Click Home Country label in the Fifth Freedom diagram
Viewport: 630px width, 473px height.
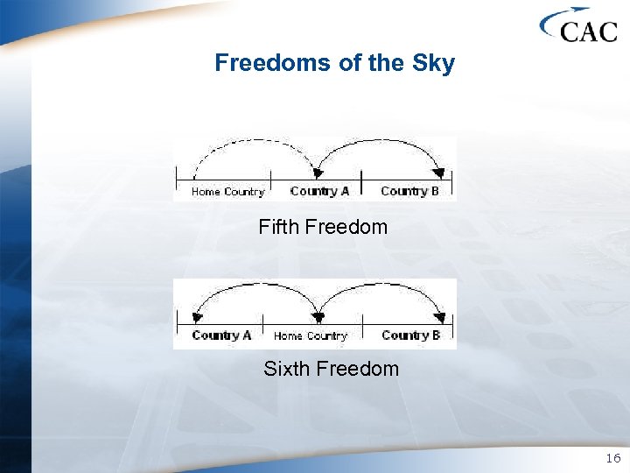(227, 192)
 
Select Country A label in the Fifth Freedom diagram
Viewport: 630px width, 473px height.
(319, 192)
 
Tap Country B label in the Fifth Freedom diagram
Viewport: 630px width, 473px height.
(410, 192)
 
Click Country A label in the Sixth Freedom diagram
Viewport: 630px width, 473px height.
(221, 335)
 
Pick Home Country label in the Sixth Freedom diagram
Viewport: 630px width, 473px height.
(311, 335)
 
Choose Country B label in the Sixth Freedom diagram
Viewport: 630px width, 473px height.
(410, 335)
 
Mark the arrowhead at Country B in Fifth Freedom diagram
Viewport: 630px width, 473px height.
(439, 173)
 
